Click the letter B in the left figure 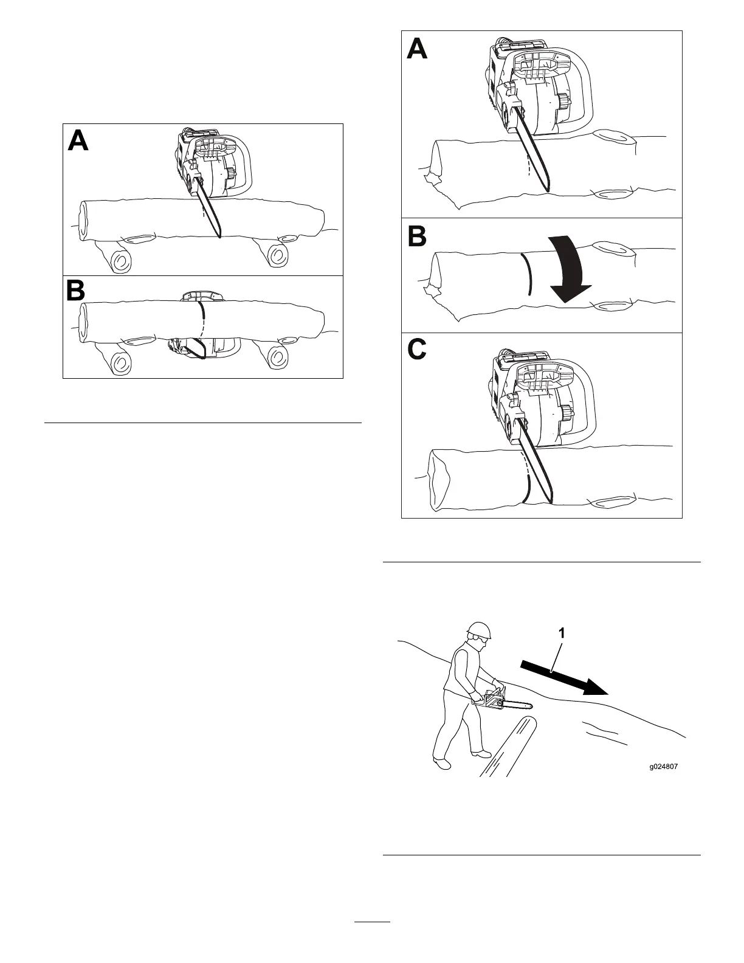[x=76, y=291]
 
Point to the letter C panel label [x=417, y=349]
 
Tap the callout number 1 [x=562, y=633]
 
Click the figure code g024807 [x=663, y=766]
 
